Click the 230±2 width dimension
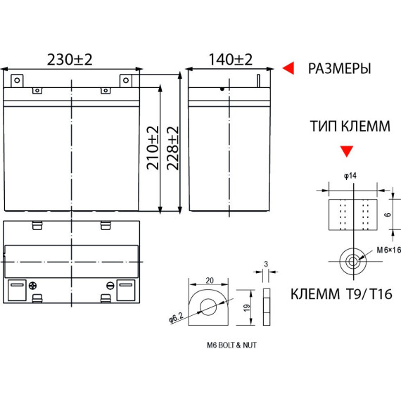[x=70, y=60]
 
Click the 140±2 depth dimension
[x=231, y=60]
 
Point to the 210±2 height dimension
[x=153, y=148]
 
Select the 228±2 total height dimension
[x=172, y=148]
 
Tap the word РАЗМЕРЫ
[x=339, y=68]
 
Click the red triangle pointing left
[x=288, y=68]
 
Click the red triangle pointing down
[x=347, y=151]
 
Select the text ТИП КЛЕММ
[x=350, y=126]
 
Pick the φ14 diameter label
[x=350, y=176]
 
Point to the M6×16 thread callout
[x=389, y=250]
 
